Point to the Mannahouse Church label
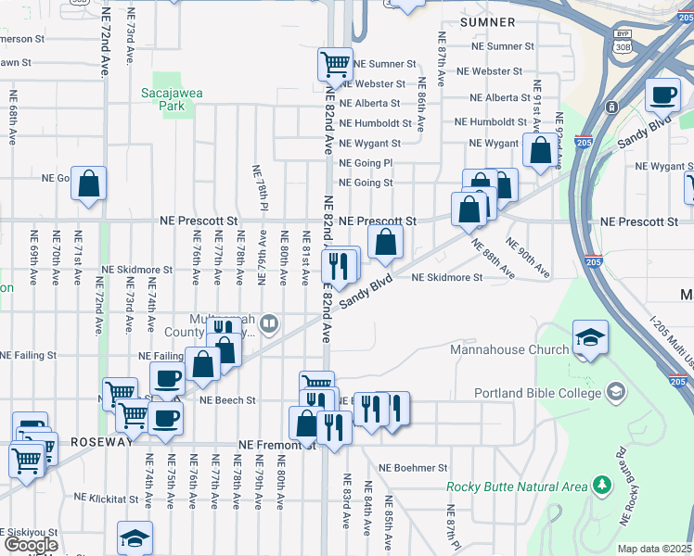click(x=508, y=349)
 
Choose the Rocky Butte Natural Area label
click(x=517, y=486)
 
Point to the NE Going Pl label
click(x=366, y=162)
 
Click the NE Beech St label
click(x=227, y=400)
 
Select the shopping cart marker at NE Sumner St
click(x=335, y=65)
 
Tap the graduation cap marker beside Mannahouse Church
click(x=590, y=338)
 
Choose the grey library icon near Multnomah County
click(x=269, y=323)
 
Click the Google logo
click(x=31, y=545)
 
